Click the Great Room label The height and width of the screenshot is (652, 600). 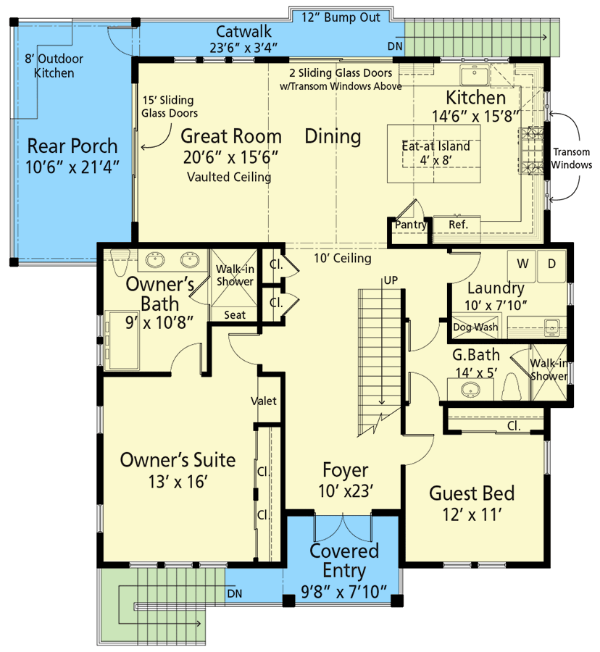[x=230, y=135]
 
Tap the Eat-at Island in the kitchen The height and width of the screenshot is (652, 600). [x=436, y=153]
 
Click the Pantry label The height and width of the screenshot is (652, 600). [x=410, y=225]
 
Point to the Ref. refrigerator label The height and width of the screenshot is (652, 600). [x=459, y=225]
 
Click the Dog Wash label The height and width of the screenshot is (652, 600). [x=475, y=327]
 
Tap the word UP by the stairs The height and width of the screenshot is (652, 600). [x=391, y=280]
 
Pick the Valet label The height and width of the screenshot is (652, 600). [x=263, y=401]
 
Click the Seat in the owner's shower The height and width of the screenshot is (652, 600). [x=234, y=314]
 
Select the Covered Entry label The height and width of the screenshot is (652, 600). [x=343, y=560]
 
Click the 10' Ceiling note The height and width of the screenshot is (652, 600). [x=343, y=258]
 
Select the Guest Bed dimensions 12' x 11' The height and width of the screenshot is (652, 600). [x=472, y=516]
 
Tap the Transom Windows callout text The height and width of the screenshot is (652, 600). [x=572, y=159]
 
